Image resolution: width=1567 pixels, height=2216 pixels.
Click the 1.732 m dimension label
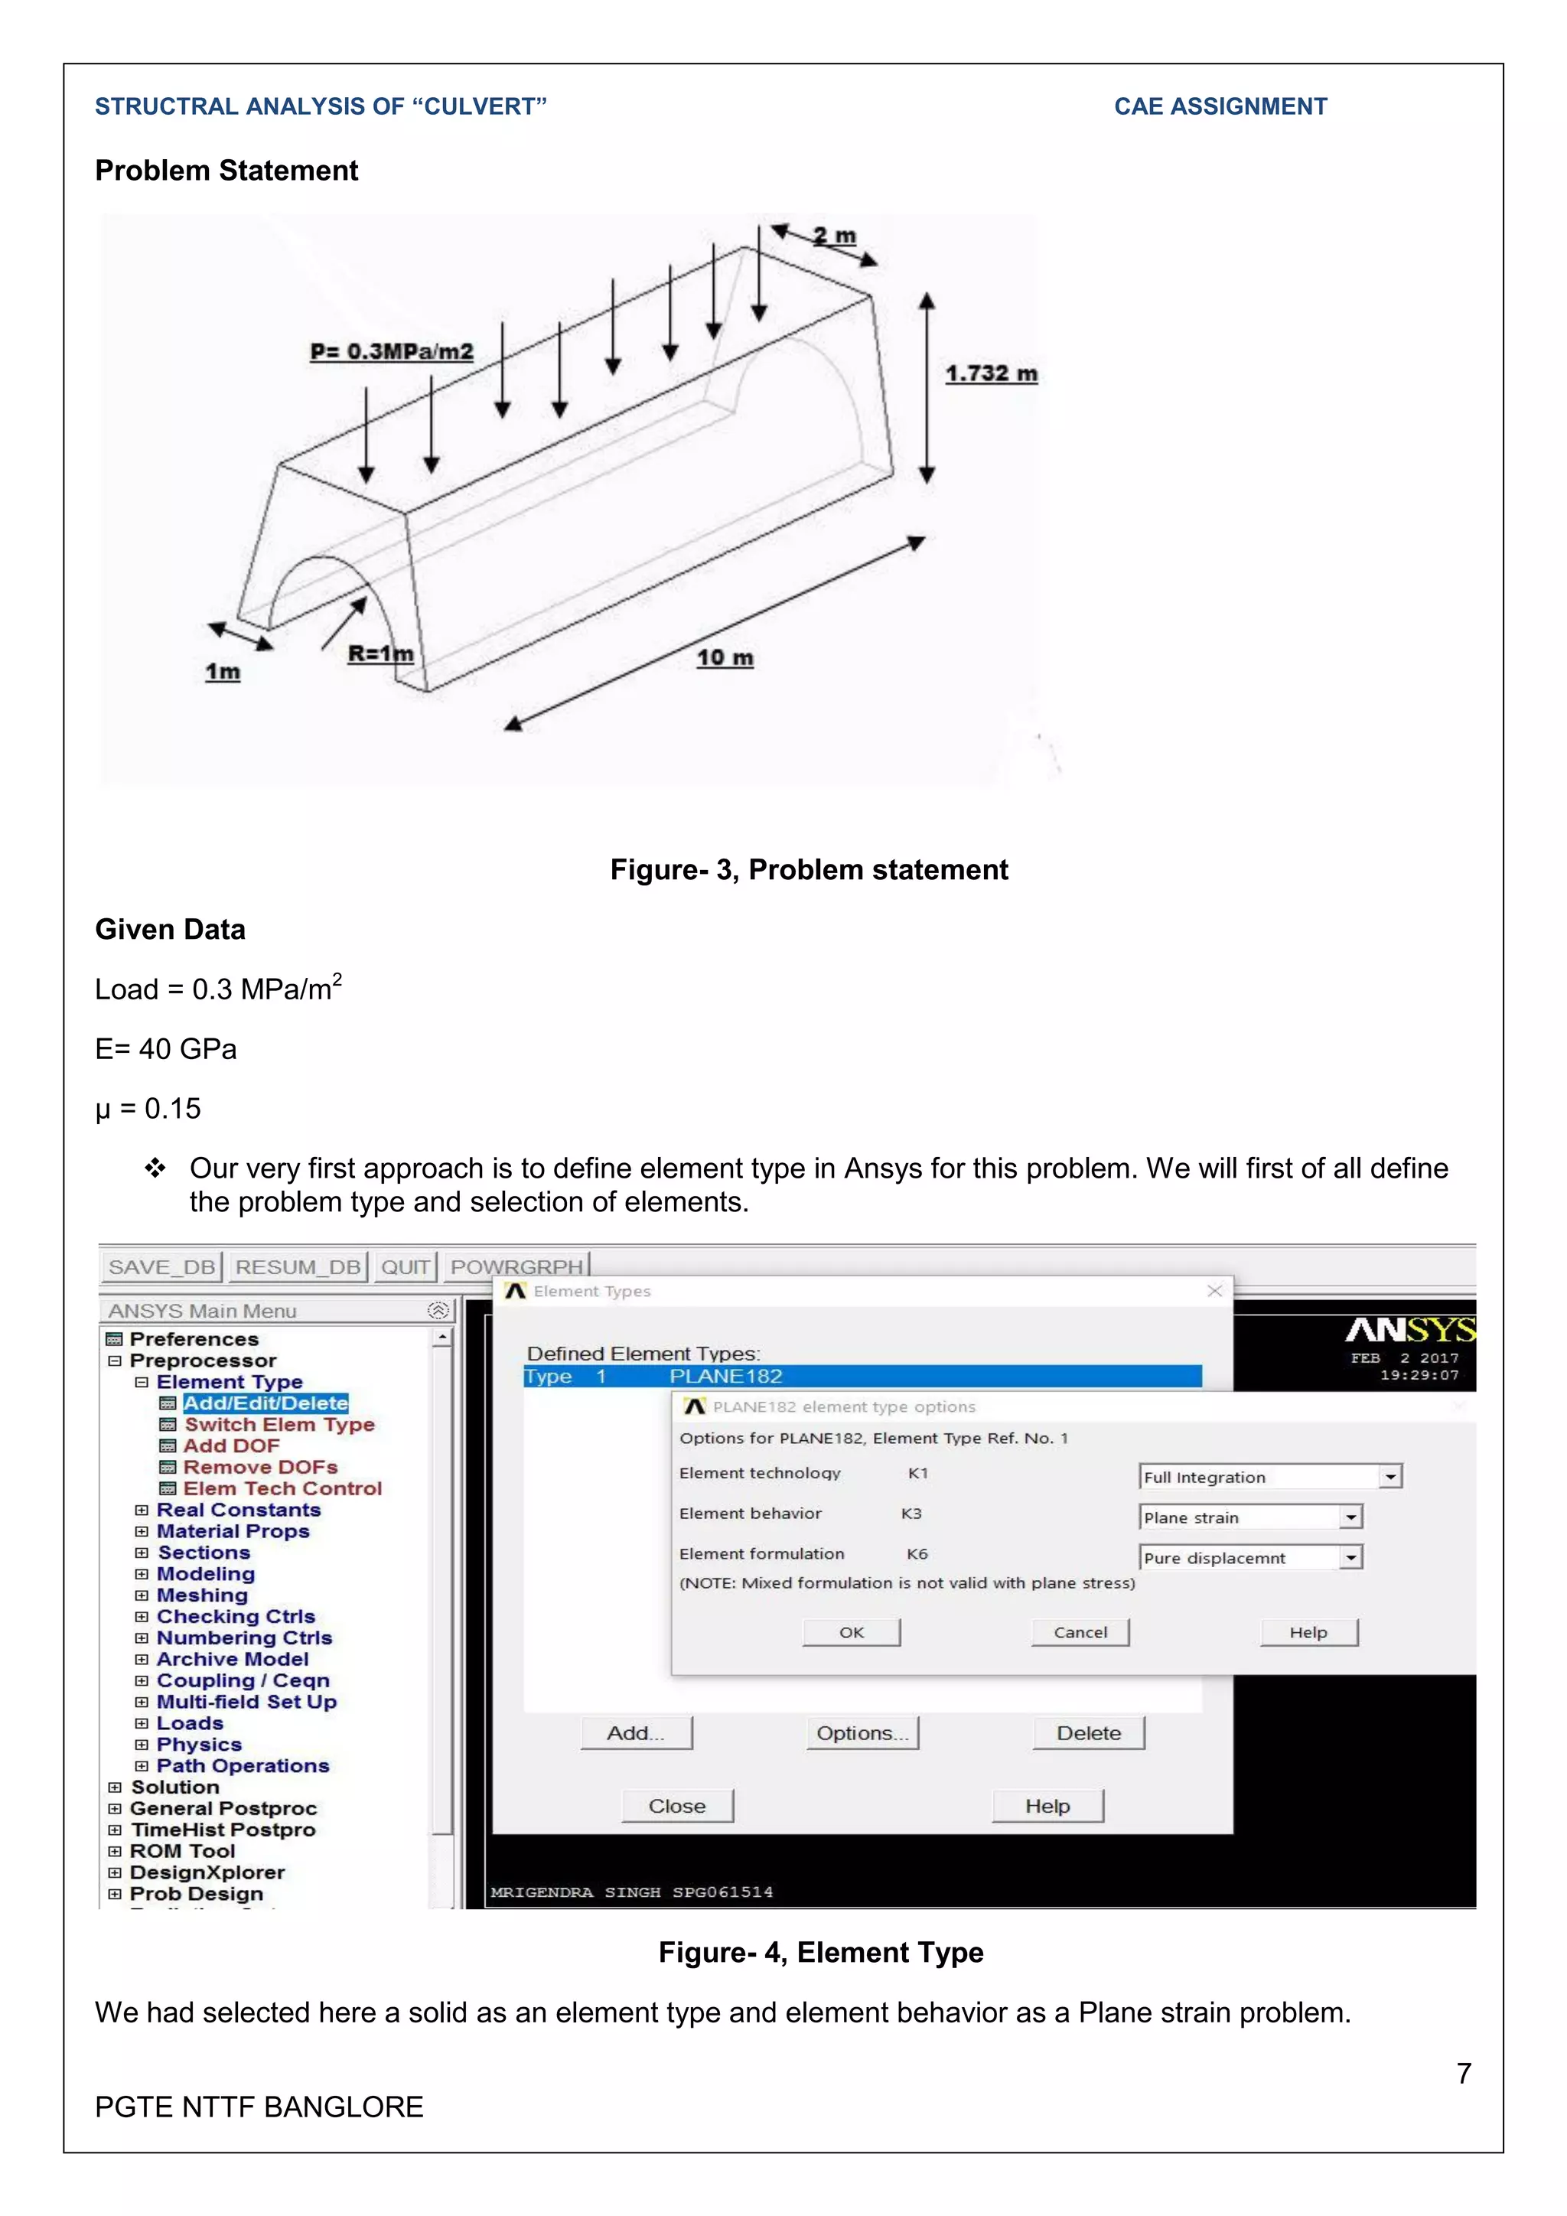coord(991,373)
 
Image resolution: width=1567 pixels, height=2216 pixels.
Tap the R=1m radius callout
coord(380,654)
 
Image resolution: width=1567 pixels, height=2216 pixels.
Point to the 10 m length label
coord(725,658)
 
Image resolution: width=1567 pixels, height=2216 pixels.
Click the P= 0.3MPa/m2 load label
coord(392,351)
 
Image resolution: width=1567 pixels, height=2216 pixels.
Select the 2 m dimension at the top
coord(834,236)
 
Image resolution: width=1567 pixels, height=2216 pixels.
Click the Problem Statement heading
coord(226,171)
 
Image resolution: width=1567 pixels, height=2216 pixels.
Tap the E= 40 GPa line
coord(166,1049)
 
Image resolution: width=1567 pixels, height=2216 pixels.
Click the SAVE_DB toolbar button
coord(161,1267)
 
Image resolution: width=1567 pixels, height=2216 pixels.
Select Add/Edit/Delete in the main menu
coord(266,1403)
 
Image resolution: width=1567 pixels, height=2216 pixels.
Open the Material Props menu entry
coord(233,1532)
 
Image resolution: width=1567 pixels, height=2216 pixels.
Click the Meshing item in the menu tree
coord(202,1595)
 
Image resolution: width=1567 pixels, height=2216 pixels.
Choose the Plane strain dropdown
coord(1250,1518)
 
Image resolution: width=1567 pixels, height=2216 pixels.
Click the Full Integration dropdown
coord(1270,1478)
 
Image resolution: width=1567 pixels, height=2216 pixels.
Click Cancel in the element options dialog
coord(1080,1633)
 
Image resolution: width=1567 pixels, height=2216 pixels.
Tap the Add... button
coord(636,1733)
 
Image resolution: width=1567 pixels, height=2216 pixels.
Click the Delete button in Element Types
coord(1089,1733)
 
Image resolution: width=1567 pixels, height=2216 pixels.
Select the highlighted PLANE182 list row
coord(862,1377)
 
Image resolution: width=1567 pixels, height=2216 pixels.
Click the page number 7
coord(1464,2074)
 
